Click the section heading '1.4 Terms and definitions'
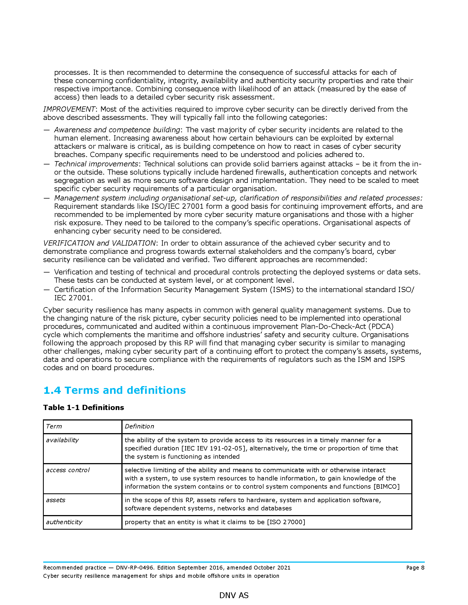click(115, 390)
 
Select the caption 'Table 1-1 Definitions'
click(83, 408)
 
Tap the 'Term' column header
click(54, 426)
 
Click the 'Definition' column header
click(139, 426)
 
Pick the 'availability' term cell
click(62, 440)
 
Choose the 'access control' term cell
click(68, 470)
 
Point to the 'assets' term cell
click(56, 500)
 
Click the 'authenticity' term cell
click(64, 522)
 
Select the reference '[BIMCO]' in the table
click(387, 486)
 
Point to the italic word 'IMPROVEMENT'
click(69, 109)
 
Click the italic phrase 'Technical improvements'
click(96, 164)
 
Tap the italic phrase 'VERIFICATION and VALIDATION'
click(99, 243)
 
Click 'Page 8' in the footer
click(415, 568)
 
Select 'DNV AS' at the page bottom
click(234, 595)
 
